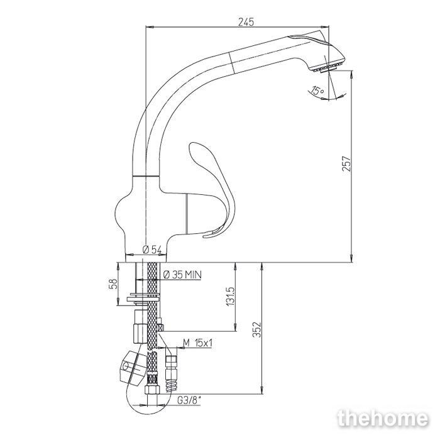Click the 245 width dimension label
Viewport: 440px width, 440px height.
coord(246,21)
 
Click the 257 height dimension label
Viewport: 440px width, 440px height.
coord(346,163)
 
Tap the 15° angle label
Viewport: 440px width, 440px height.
coord(317,91)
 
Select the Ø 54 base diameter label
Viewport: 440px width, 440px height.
coord(152,249)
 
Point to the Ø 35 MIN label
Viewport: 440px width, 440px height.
coord(182,275)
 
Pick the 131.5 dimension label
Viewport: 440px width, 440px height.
coord(230,296)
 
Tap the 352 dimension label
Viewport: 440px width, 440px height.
coord(256,329)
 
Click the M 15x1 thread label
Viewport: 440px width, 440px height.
coord(197,343)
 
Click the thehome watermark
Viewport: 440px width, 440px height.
coord(383,419)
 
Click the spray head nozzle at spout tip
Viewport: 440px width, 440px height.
coord(326,68)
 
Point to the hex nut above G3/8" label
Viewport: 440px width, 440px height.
coord(152,390)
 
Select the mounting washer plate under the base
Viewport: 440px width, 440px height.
coord(143,297)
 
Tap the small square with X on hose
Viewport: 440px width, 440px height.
coord(160,327)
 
